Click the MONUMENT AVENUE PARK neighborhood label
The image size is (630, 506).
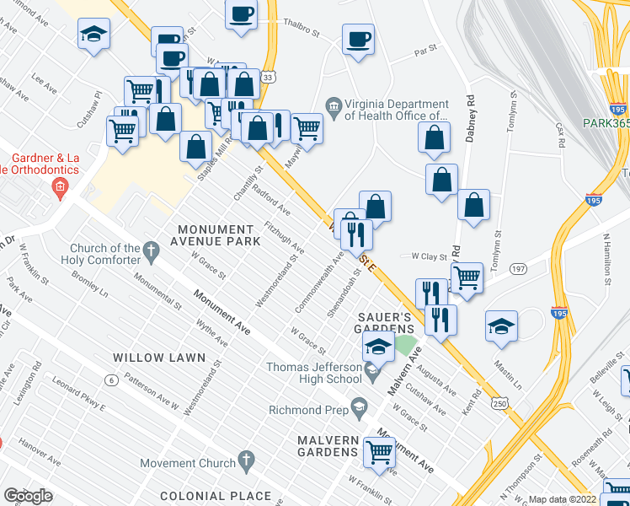[215, 236]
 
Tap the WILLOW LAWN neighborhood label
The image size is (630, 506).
[161, 358]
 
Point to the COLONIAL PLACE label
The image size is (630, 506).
[216, 496]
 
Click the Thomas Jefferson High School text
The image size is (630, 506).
[314, 373]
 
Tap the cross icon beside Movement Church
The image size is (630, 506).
[246, 460]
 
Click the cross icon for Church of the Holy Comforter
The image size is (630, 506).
[151, 250]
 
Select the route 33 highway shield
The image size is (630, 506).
[267, 77]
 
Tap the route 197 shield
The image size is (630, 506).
[518, 268]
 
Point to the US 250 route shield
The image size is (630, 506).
[500, 406]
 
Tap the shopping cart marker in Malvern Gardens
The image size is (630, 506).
[380, 450]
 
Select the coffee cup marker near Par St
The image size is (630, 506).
[357, 39]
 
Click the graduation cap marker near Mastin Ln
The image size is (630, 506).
[501, 326]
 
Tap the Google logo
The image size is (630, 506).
[28, 496]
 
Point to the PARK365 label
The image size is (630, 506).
[606, 123]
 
